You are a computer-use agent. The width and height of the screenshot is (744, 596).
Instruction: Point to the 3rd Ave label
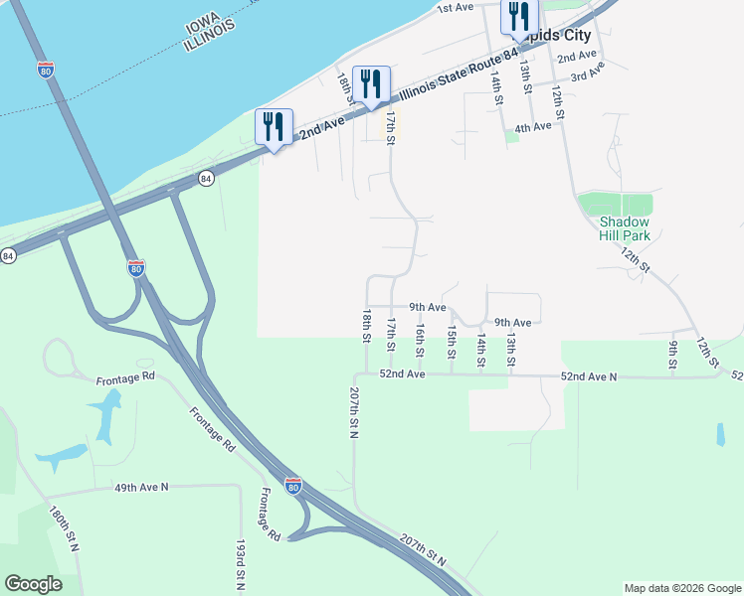(588, 73)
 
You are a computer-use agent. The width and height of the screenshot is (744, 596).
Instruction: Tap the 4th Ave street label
(533, 127)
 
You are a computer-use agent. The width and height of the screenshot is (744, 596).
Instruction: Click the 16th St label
(420, 341)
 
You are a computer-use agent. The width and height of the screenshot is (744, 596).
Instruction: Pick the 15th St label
(452, 341)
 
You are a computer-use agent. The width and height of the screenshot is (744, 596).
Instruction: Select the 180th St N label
(64, 529)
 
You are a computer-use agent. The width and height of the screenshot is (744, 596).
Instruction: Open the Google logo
(33, 584)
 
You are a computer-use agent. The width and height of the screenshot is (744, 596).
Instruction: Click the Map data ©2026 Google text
(681, 588)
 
